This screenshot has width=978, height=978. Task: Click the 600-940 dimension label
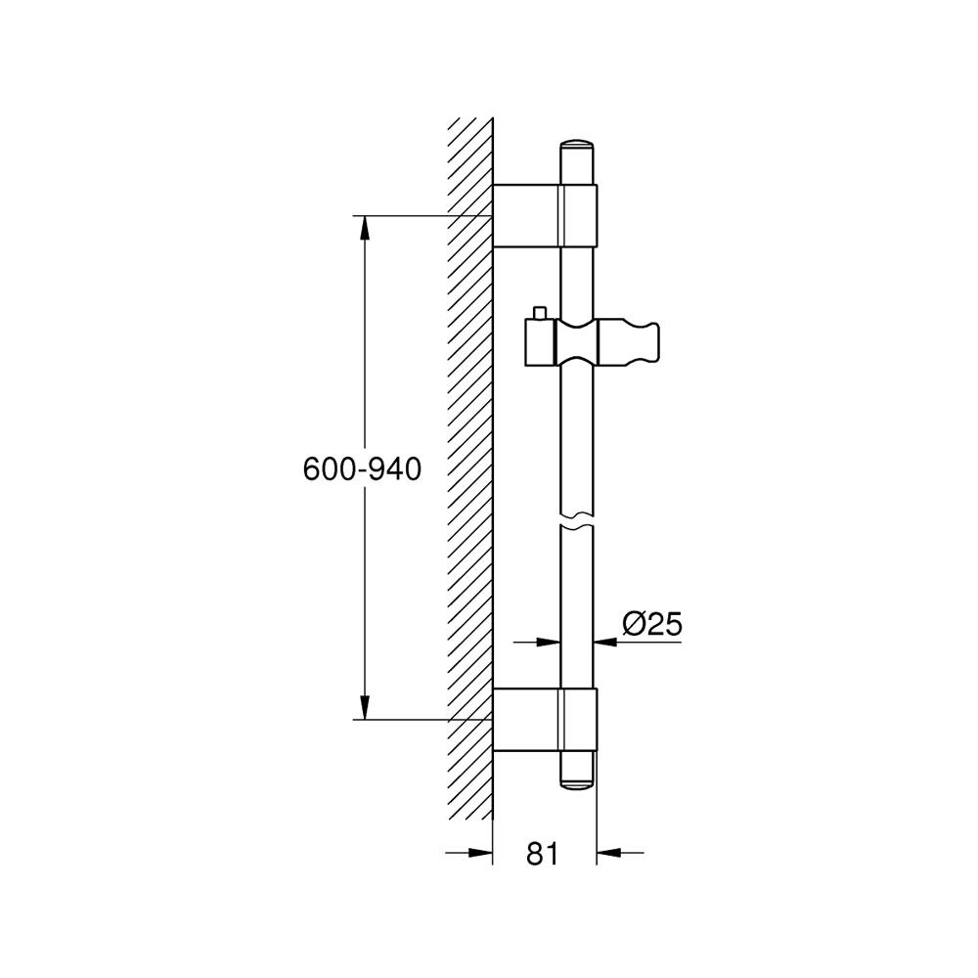(363, 469)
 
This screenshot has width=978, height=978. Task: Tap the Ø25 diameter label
(651, 623)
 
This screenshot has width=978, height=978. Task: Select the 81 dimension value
(543, 853)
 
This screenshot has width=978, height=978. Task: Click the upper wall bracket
(545, 215)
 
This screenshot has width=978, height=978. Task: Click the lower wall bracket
(545, 719)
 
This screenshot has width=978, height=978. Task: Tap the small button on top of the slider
(539, 313)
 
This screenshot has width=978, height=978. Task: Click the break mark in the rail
(577, 522)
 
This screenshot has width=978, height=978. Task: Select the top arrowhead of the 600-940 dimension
(364, 228)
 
